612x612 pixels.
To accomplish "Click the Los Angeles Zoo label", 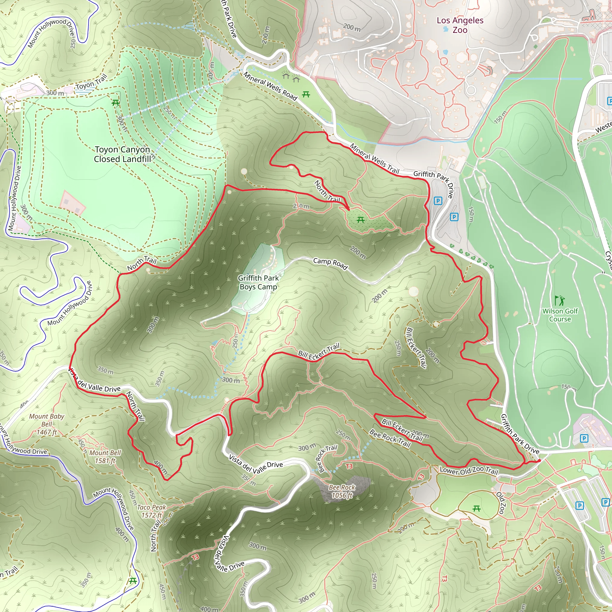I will (460, 25).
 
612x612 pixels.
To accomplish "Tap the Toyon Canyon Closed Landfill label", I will (122, 154).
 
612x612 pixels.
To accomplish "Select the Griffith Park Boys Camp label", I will (258, 282).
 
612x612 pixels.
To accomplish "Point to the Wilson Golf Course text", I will (560, 315).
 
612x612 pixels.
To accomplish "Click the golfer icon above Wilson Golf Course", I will (559, 300).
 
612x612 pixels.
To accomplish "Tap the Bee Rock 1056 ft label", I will (342, 491).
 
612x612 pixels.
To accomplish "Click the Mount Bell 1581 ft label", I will (105, 457).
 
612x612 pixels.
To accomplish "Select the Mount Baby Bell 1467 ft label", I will (47, 424).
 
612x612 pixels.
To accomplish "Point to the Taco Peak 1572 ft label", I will (152, 511).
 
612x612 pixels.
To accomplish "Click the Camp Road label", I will (331, 263).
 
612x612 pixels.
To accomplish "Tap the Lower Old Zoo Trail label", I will (469, 470).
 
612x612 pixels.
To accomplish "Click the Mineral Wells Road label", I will (270, 86).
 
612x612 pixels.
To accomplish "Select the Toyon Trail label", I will (91, 83).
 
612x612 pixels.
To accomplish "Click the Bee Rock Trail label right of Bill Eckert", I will (390, 439).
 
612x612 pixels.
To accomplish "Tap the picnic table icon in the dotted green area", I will (360, 220).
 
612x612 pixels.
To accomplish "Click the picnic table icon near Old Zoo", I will (476, 509).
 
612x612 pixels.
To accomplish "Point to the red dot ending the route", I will (539, 460).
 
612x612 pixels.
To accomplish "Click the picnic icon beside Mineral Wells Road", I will (306, 94).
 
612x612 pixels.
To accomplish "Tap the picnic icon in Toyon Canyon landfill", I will (116, 102).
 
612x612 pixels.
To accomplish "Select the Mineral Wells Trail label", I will (374, 158).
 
